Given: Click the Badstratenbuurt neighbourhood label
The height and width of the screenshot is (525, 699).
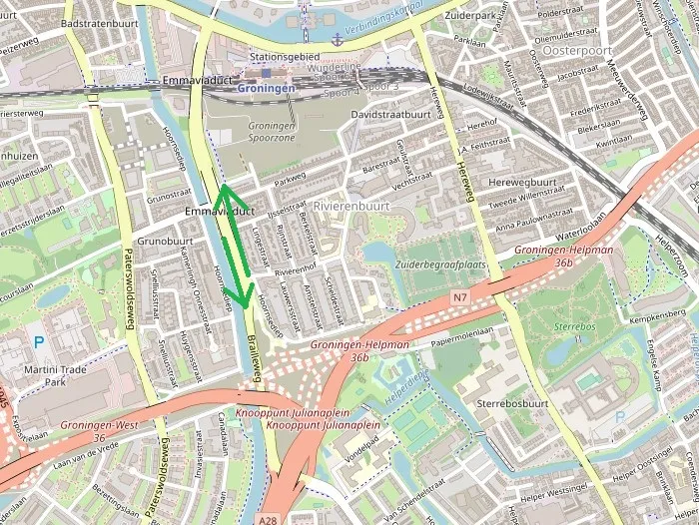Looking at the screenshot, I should [x=99, y=21].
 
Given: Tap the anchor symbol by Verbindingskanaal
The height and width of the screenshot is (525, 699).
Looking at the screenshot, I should [x=338, y=39].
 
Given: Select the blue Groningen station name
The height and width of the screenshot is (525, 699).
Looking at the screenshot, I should [x=267, y=88].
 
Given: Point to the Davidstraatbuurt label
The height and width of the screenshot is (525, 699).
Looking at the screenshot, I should [x=391, y=115].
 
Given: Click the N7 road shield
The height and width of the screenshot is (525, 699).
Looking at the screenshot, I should [x=459, y=297].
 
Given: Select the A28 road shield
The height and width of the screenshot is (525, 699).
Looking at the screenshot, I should [x=266, y=519].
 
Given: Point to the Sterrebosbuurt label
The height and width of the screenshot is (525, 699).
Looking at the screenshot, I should [x=512, y=404].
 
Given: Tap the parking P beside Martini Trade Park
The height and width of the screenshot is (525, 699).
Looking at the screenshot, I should [x=39, y=341].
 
